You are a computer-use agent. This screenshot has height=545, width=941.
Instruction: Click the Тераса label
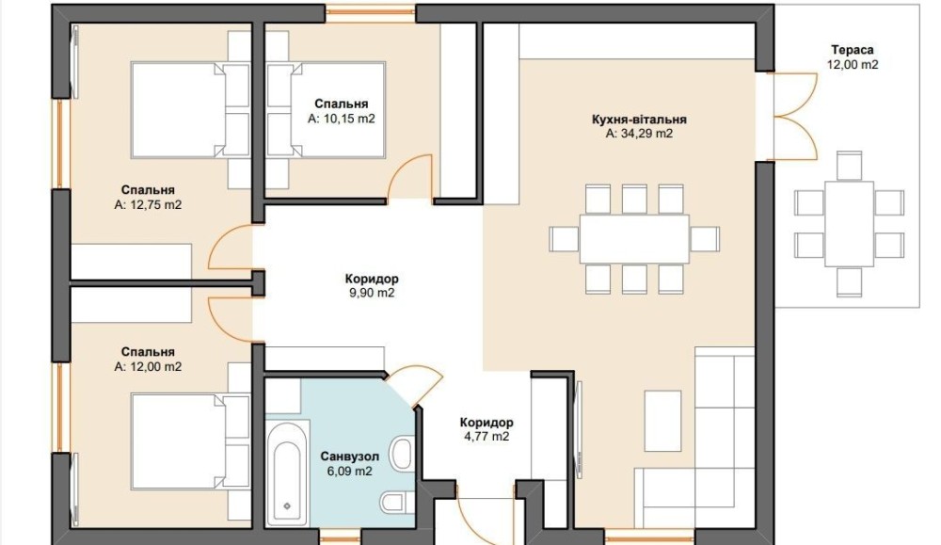coord(852,50)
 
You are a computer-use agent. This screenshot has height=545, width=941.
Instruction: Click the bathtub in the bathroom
coord(287,474)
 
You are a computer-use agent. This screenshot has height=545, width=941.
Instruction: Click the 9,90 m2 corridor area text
coord(372,293)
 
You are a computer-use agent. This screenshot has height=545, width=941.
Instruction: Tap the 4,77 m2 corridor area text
coord(486,437)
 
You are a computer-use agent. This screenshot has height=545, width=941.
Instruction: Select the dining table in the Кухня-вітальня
coord(633,239)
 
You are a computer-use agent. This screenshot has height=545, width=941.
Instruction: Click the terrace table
coord(849,224)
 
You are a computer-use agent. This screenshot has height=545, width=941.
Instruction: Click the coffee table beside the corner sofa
coord(662,421)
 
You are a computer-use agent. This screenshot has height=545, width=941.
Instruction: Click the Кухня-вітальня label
coord(639,119)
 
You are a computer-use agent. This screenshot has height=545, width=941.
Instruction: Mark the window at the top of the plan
coord(370,13)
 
